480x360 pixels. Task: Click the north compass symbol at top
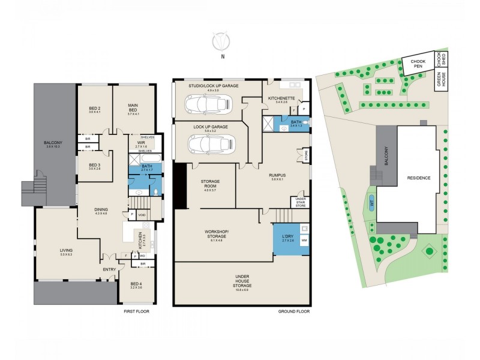[x=223, y=43]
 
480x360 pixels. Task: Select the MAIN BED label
[x=133, y=108]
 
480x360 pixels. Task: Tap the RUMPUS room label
[x=277, y=175]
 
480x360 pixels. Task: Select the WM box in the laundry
[x=304, y=240]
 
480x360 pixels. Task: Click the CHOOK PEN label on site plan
[x=418, y=63]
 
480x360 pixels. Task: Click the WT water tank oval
[x=371, y=202]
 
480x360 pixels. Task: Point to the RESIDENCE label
[x=418, y=178]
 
